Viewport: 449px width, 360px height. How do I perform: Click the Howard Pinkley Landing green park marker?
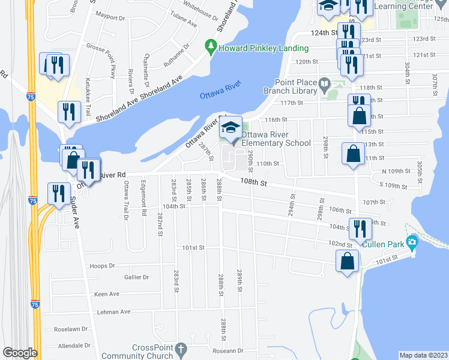point(211,46)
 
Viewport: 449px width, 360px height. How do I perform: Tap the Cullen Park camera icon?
point(412,242)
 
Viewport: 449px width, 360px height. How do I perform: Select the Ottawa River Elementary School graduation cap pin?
point(230,127)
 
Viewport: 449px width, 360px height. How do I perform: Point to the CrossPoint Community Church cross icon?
point(181,349)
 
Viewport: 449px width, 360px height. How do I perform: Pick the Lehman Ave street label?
point(116,312)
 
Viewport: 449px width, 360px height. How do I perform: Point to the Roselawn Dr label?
point(71,329)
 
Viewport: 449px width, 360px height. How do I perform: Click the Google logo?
point(20,353)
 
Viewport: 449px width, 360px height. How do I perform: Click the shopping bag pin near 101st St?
point(348,262)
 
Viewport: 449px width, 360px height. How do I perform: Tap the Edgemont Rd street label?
point(144,200)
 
